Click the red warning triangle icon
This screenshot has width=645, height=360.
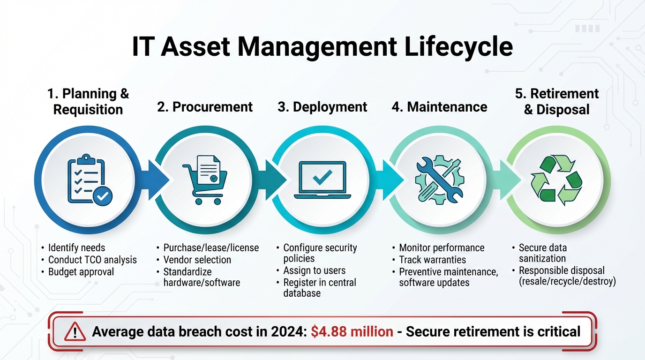75,332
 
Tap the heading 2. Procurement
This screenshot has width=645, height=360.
205,107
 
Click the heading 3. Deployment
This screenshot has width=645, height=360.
322,107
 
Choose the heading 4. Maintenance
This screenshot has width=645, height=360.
439,107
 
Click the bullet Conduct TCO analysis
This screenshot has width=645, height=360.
92,260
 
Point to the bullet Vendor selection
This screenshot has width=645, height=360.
197,260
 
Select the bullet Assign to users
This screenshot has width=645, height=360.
314,270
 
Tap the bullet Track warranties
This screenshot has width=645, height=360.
432,260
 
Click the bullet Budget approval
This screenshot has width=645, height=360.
81,272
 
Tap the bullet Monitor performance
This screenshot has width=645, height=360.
442,247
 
